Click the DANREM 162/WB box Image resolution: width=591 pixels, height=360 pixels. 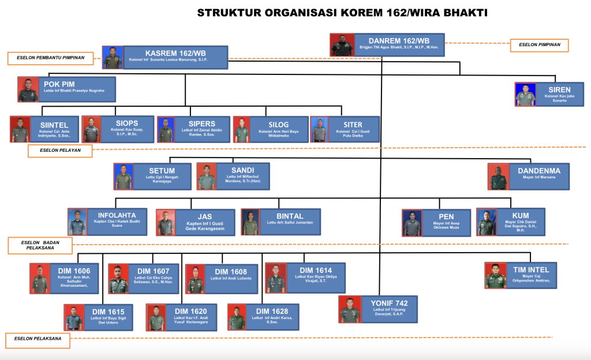(398, 45)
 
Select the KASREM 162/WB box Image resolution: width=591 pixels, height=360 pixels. (176, 57)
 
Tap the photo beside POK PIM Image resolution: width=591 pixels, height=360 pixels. (28, 90)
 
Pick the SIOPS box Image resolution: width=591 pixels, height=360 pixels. (127, 129)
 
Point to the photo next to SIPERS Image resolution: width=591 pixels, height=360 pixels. (166, 130)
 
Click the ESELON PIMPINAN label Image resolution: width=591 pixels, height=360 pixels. (539, 45)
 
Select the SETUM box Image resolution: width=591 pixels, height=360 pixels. (162, 176)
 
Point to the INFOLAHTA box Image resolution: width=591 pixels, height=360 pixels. (116, 221)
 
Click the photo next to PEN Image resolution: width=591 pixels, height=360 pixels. (412, 223)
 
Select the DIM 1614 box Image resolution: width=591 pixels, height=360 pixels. (315, 277)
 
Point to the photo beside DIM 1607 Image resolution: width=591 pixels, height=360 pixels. (118, 279)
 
